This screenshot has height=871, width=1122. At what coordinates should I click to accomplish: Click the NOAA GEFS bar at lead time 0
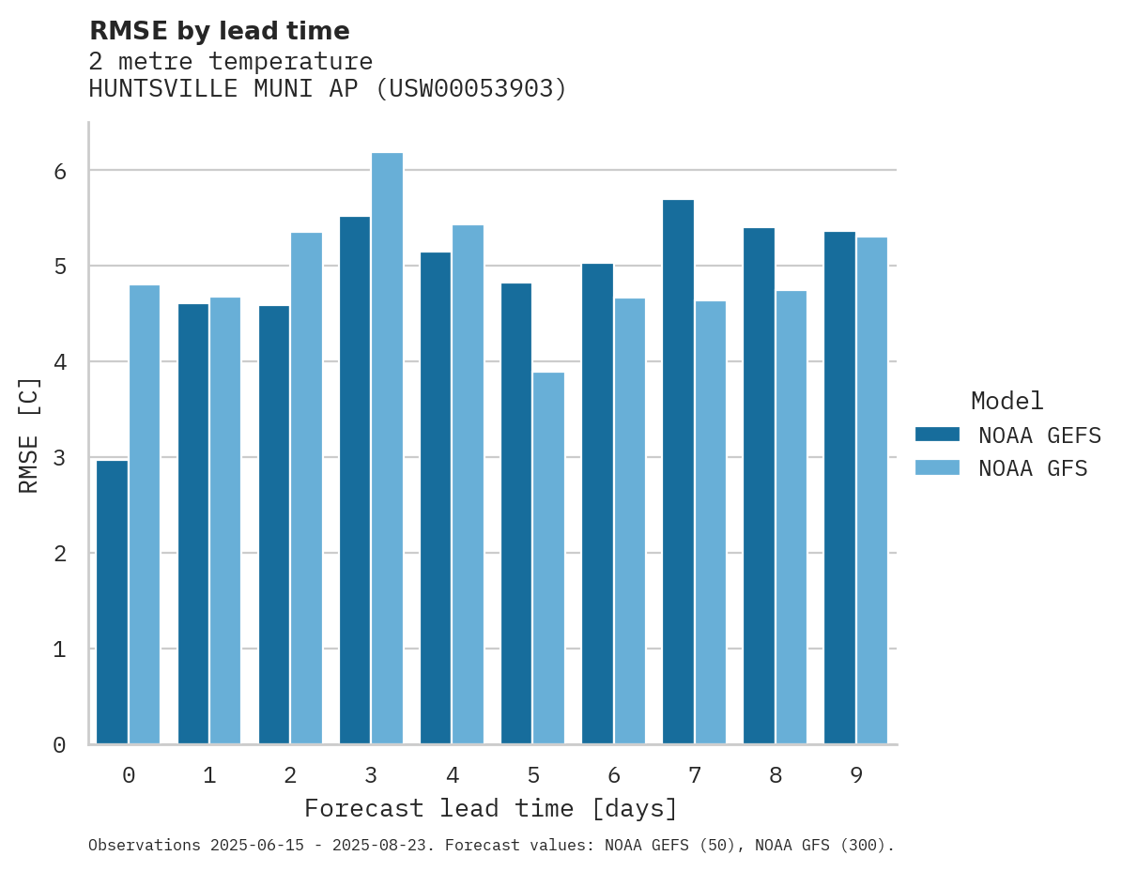click(113, 602)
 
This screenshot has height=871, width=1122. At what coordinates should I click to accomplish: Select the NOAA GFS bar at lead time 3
click(387, 448)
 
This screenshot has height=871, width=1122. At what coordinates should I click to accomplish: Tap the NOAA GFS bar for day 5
click(548, 558)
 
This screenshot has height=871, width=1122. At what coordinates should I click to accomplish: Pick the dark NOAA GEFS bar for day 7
click(678, 471)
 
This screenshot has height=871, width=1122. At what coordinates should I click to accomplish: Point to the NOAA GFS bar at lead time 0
click(145, 514)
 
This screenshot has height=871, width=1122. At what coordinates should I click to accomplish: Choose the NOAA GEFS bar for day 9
click(839, 487)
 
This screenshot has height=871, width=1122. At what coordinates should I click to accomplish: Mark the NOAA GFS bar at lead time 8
click(791, 517)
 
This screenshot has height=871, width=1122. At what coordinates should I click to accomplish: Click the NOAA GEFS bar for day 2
click(274, 525)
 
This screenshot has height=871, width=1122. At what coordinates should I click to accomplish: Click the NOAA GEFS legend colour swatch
click(937, 434)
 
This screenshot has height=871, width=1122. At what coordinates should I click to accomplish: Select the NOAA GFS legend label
click(1033, 468)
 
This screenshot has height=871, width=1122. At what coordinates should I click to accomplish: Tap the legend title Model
click(1007, 401)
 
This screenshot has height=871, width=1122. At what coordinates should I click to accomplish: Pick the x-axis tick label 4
click(453, 775)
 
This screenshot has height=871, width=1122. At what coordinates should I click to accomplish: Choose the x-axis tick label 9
click(856, 775)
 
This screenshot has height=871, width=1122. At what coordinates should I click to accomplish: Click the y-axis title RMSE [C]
click(29, 435)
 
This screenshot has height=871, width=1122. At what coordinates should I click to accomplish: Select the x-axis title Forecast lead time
click(490, 808)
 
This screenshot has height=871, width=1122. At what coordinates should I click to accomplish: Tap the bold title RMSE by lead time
click(219, 31)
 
